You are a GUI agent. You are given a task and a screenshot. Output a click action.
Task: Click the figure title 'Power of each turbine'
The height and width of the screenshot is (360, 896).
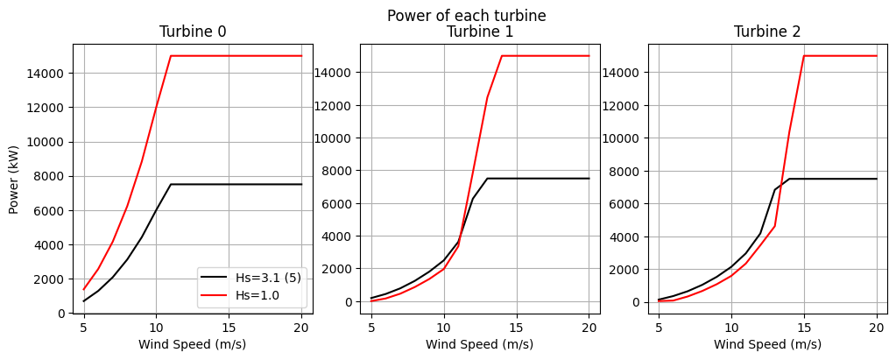[x=466, y=16]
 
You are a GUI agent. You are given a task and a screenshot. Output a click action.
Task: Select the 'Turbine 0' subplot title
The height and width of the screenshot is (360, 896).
[x=193, y=32]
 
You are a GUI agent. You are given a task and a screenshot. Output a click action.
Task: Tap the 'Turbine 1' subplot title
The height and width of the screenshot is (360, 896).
[x=480, y=32]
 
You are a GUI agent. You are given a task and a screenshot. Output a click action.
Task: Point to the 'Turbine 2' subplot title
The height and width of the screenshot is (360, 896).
[x=767, y=32]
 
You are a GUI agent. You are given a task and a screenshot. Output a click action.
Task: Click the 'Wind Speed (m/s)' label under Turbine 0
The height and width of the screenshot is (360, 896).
[x=193, y=344]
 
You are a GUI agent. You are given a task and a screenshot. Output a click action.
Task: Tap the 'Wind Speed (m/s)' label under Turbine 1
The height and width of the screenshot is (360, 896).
[x=480, y=344]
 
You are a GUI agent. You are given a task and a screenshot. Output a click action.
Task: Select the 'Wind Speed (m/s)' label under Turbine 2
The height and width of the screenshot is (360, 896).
[x=767, y=344]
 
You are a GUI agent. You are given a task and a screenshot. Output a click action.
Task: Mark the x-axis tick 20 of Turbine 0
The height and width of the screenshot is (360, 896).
[x=301, y=327]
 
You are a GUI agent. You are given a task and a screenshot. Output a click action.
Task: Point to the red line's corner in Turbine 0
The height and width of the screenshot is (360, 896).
[x=171, y=56]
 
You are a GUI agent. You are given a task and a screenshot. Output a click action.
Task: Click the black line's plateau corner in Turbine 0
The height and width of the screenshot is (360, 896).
[x=171, y=184]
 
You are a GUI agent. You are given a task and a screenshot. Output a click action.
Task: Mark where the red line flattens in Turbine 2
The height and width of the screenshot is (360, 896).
[x=804, y=56]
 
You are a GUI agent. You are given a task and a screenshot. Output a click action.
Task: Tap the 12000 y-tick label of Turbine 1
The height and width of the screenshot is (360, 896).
[x=336, y=105]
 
